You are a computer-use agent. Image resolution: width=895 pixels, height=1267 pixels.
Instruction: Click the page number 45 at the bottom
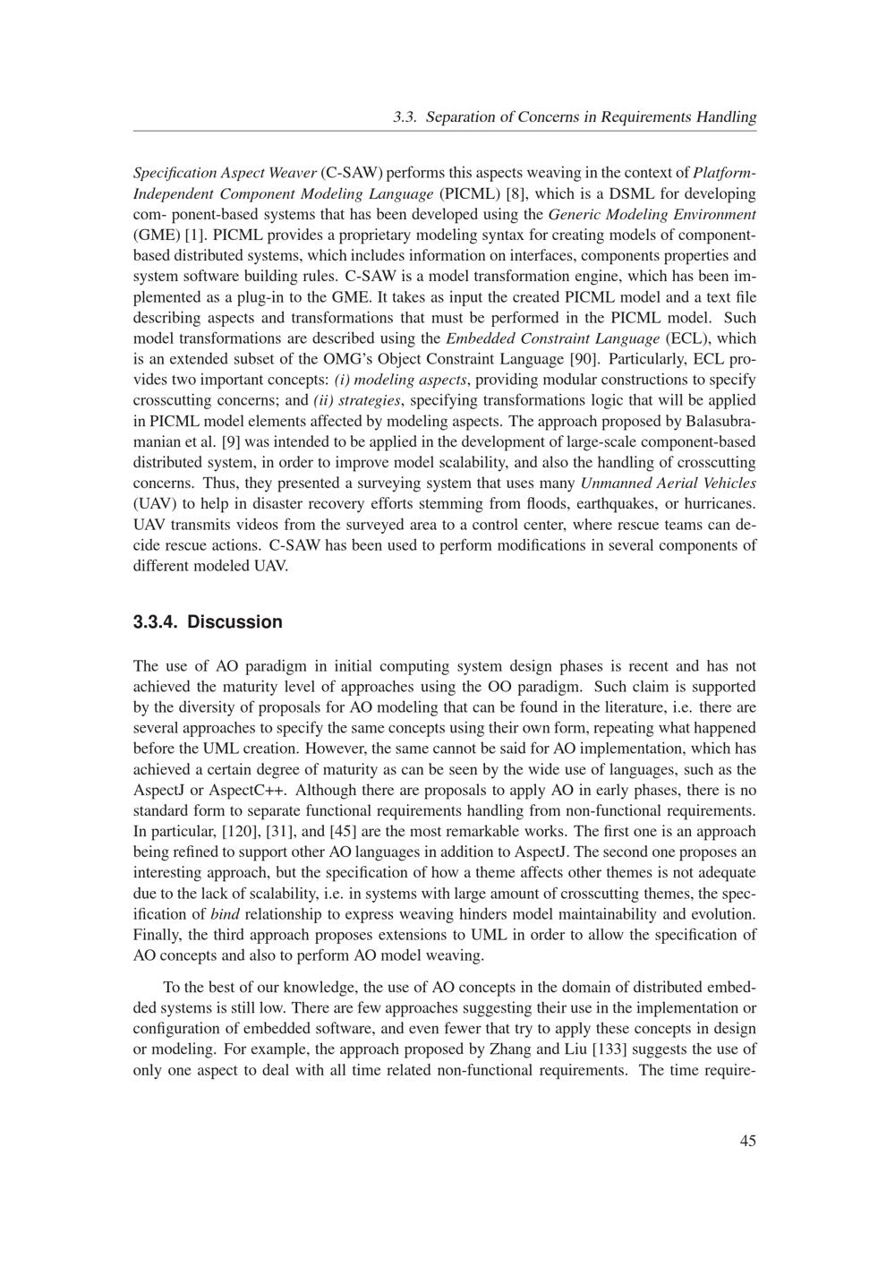point(747,1140)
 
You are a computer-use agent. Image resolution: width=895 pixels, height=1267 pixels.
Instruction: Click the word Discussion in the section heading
point(234,622)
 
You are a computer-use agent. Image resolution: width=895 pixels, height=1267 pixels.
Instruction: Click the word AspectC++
point(249,790)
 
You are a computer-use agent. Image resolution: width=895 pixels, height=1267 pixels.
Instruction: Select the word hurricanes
point(719,503)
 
